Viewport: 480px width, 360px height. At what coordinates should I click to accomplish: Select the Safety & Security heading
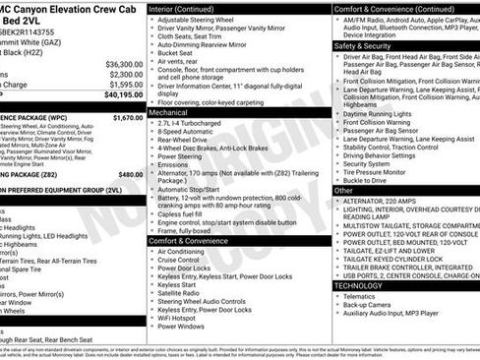click(x=363, y=45)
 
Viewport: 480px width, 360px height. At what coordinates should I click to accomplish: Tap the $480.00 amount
click(x=131, y=174)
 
